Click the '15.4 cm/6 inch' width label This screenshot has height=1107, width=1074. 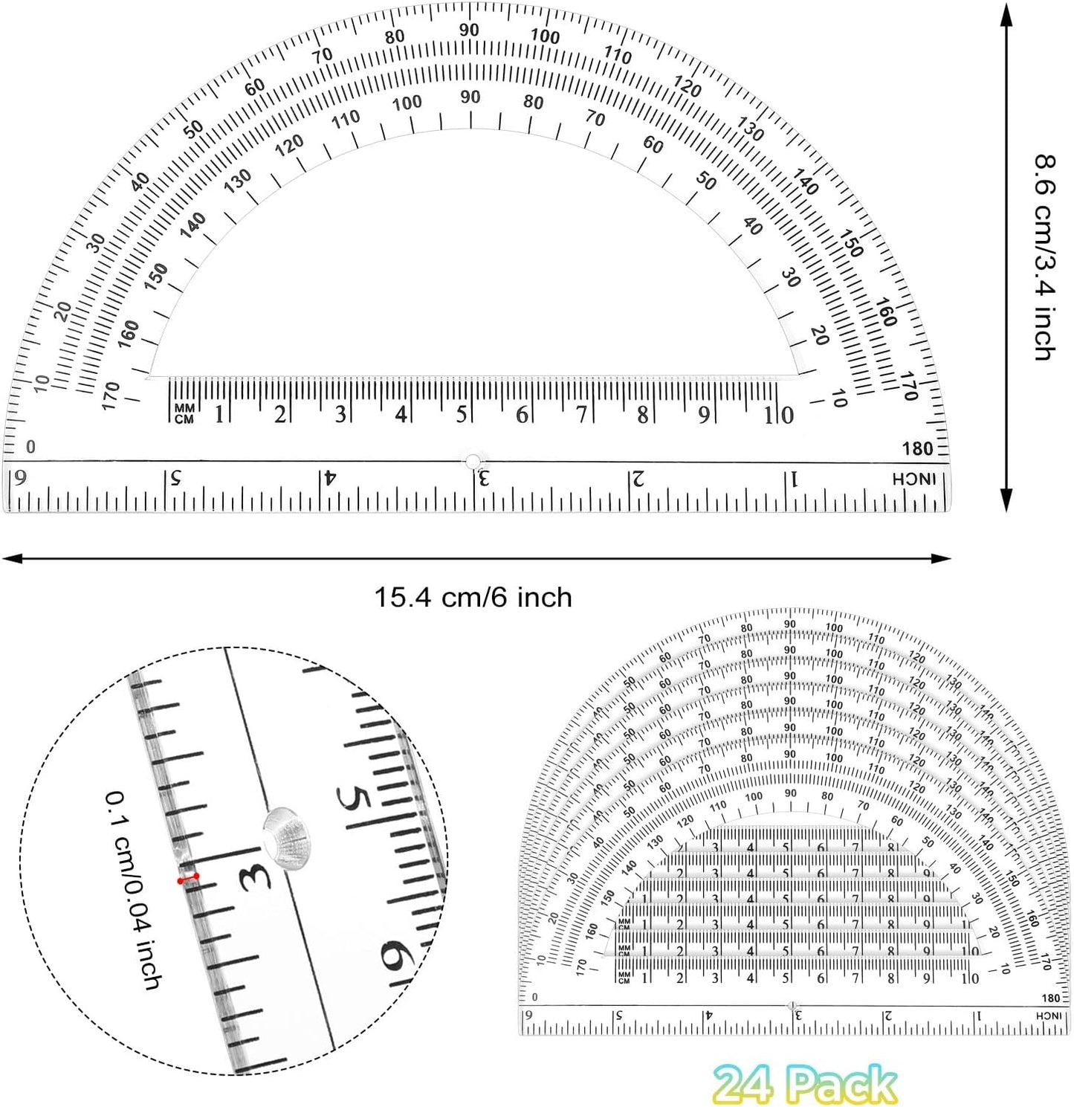473,597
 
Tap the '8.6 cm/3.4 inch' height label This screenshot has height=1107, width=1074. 1046,257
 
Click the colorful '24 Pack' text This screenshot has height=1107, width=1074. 805,1084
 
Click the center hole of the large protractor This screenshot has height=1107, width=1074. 473,462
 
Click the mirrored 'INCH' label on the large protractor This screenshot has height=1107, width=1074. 913,480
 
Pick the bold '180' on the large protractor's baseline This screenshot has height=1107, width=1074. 917,448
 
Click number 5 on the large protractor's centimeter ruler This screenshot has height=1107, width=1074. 462,414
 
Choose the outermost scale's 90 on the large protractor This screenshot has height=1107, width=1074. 469,30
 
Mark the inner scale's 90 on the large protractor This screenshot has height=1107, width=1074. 470,97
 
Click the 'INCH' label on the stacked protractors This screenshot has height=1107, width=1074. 1049,1016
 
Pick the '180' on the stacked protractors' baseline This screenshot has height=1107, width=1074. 1050,998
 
